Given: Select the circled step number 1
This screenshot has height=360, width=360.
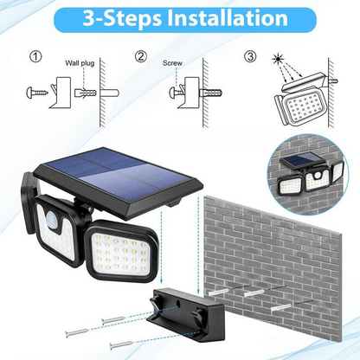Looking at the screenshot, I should [34, 59].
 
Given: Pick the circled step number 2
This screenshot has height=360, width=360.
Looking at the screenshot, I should [141, 59].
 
